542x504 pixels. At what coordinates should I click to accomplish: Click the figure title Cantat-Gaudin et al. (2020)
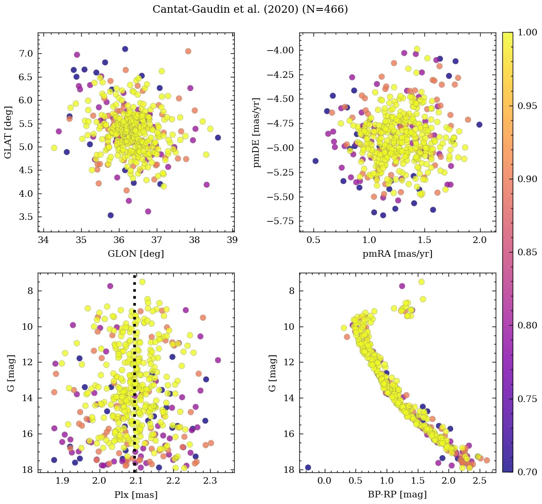(250, 9)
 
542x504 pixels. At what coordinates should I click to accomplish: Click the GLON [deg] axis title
(136, 254)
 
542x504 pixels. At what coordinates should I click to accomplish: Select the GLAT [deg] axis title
(8, 133)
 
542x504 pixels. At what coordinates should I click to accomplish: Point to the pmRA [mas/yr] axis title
(398, 254)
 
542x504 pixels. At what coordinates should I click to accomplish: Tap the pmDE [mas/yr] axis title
(257, 133)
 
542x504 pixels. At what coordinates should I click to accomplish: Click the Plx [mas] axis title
(136, 495)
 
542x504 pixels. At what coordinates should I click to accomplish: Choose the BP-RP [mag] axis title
(398, 495)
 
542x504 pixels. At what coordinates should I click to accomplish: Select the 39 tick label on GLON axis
(232, 240)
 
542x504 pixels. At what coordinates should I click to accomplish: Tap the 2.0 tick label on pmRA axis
(480, 240)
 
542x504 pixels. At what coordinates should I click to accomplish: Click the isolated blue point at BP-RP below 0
(308, 468)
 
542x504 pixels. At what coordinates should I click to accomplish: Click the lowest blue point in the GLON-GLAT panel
(110, 215)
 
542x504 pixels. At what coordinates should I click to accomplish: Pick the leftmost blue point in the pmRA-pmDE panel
(315, 161)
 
